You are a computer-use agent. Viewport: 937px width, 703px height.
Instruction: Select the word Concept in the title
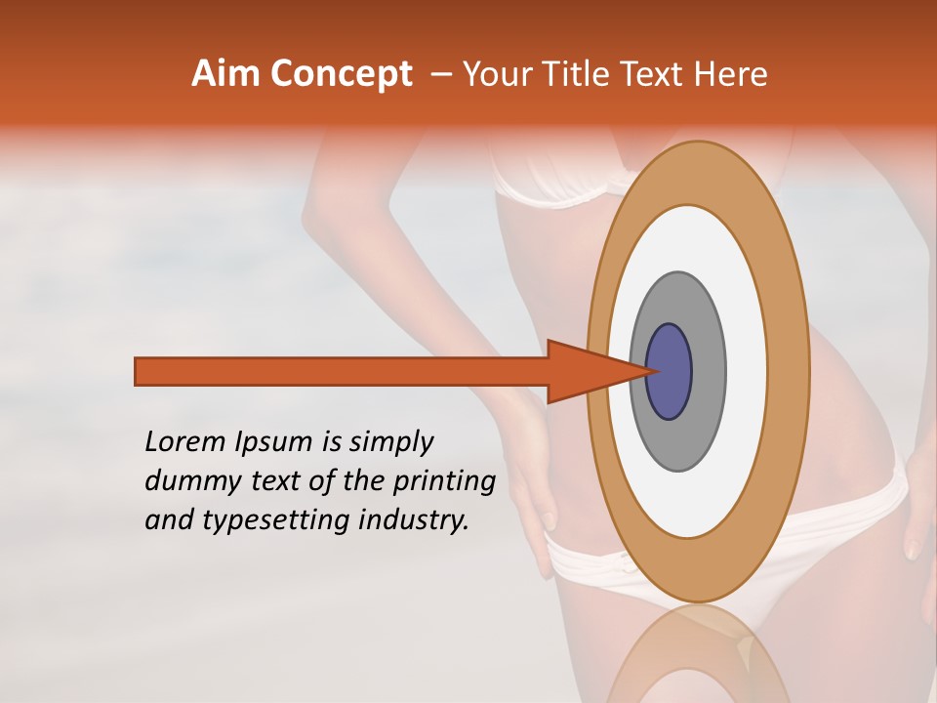click(x=342, y=74)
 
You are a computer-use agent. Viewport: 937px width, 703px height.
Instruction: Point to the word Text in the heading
click(x=656, y=74)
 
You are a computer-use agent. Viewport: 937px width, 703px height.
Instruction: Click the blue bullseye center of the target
click(x=670, y=372)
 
